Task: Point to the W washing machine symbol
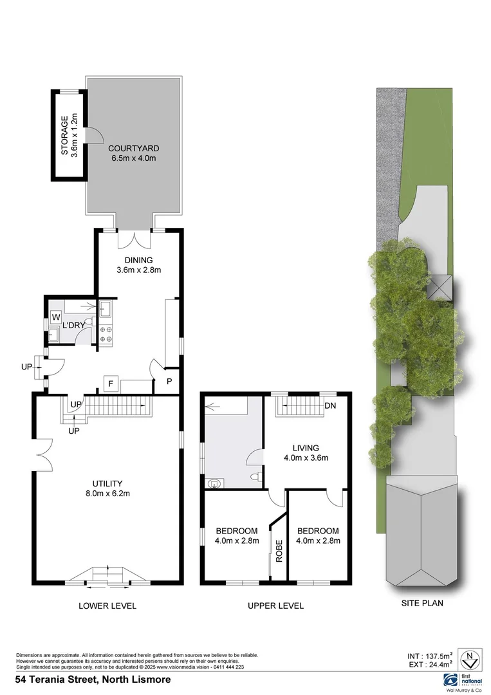click(55, 317)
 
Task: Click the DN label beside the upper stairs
click(331, 406)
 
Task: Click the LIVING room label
click(306, 448)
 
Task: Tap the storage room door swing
click(94, 134)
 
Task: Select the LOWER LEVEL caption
click(107, 606)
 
